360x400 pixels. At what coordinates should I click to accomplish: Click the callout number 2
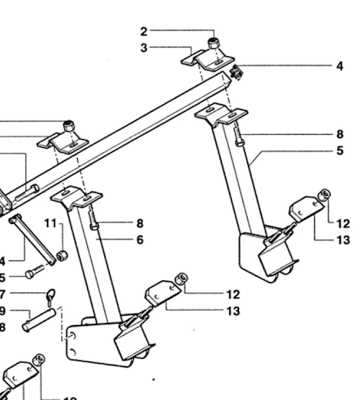point(143,31)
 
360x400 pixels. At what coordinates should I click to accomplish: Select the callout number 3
point(143,48)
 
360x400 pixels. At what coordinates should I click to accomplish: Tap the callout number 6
point(139,240)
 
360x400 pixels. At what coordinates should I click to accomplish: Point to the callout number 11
point(49,223)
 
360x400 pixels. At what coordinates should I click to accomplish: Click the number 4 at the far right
point(339,66)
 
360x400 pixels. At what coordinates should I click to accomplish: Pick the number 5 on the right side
point(339,151)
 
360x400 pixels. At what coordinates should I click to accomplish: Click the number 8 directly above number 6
point(139,223)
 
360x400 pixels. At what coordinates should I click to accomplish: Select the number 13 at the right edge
point(342,241)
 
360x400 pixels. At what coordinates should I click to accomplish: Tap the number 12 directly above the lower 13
point(232,294)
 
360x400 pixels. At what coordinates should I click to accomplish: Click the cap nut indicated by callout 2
point(214,44)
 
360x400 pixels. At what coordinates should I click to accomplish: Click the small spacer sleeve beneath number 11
point(63,255)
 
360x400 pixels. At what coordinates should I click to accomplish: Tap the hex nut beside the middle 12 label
point(182,278)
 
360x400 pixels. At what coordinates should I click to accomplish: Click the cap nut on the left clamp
point(70,126)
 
